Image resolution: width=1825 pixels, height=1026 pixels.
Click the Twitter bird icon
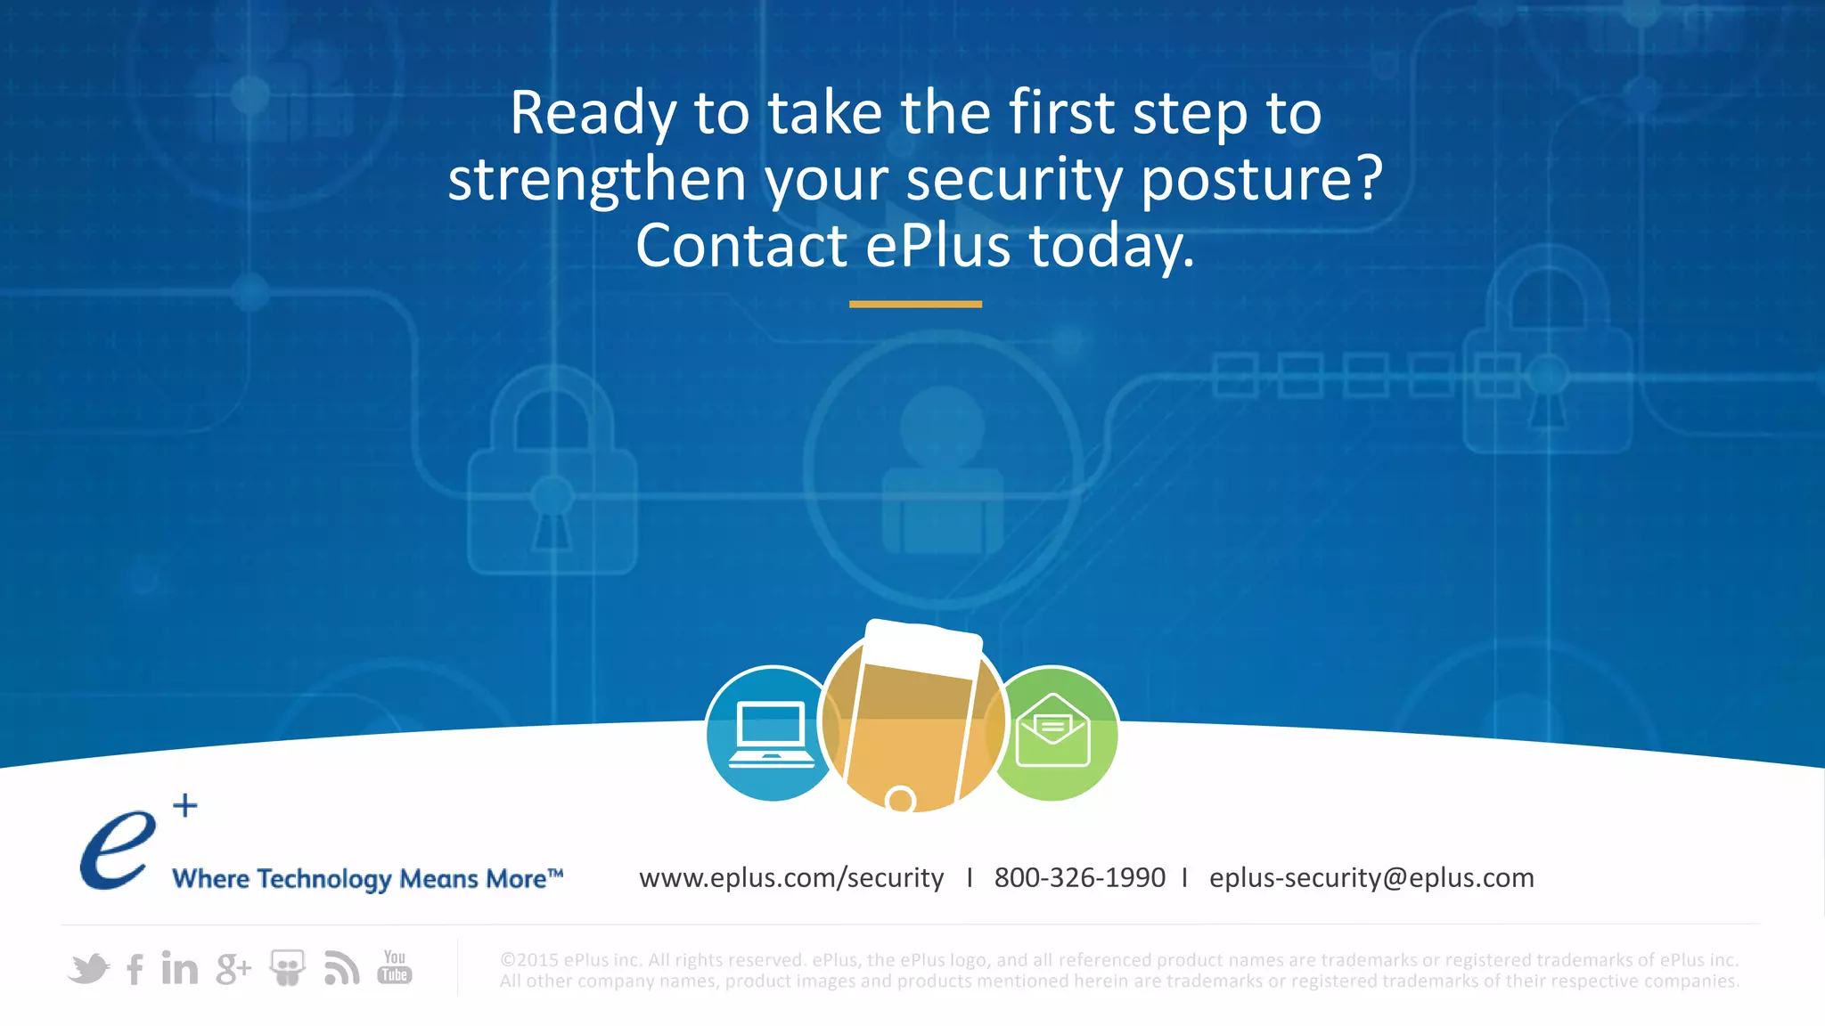coord(88,968)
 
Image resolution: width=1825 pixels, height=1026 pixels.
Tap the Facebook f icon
coord(135,969)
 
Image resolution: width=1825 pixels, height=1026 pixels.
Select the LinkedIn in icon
coord(179,968)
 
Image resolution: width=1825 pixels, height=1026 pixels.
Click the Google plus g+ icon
coord(233,969)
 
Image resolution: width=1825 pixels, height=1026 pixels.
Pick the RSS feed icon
coord(341,968)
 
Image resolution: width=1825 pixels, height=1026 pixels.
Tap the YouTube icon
coord(394,967)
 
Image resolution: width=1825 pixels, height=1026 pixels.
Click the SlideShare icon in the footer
coord(287,968)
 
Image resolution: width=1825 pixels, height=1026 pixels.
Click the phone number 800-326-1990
coord(1079,878)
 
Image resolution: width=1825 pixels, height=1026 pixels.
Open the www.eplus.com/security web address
coord(790,878)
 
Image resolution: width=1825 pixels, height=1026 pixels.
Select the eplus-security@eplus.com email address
coord(1371,878)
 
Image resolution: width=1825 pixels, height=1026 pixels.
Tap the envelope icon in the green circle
coord(1052,731)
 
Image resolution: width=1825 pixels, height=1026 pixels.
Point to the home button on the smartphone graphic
coord(901,799)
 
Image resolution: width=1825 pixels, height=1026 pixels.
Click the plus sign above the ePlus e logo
coord(185,806)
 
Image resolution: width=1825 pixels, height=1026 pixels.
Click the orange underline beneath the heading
coord(915,305)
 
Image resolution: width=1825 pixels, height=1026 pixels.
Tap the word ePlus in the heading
coord(937,247)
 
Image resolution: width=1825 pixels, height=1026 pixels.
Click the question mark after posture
coord(1368,178)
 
